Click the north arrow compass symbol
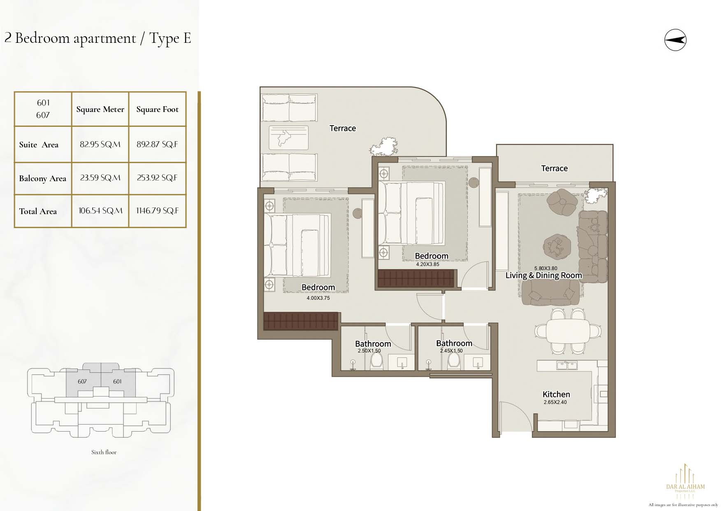click(675, 40)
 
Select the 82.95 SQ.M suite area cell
click(100, 144)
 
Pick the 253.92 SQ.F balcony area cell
click(157, 178)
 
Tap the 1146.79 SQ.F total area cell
click(158, 211)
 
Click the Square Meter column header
click(100, 109)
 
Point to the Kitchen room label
click(556, 394)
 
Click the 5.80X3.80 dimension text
click(546, 268)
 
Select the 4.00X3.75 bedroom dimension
click(318, 298)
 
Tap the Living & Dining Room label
click(544, 275)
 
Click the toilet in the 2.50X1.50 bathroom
click(376, 362)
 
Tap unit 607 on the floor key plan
click(82, 382)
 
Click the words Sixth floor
click(104, 452)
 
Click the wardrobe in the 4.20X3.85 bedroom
click(416, 278)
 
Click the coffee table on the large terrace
click(289, 138)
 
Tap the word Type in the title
click(164, 39)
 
